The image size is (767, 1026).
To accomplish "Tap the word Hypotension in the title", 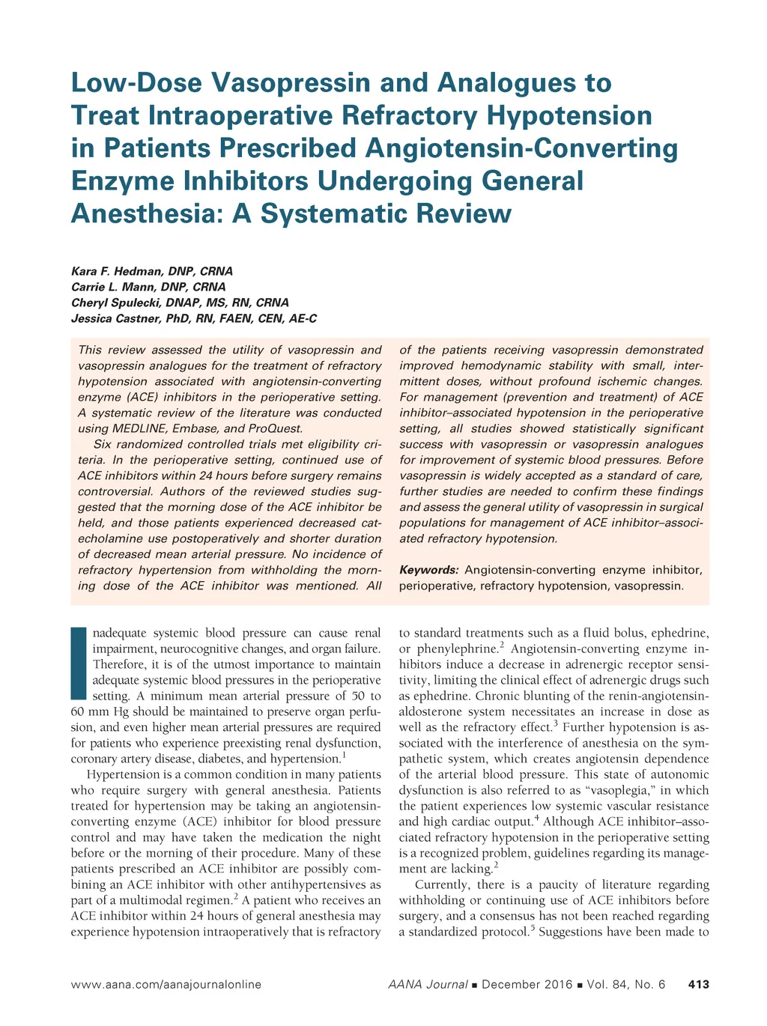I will coord(569,115).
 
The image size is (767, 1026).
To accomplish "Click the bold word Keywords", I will coord(428,570).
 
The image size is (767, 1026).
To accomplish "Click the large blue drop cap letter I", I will coord(79,664).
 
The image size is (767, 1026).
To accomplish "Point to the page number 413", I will coord(698,984).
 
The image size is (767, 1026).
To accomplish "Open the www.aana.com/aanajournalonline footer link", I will coord(166,984).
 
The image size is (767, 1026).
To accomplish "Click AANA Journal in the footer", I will coord(428,984).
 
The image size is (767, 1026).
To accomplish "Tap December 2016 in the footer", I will coord(527,984).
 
